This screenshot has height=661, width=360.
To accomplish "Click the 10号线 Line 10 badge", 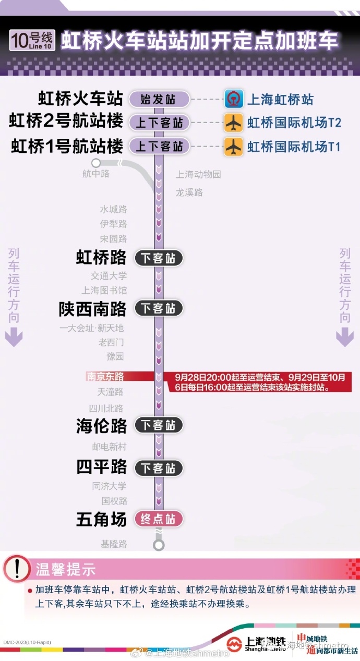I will point(32,40).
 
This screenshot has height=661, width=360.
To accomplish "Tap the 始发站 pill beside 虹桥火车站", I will point(159,99).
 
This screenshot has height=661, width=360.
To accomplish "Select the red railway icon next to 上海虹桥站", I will point(233,99).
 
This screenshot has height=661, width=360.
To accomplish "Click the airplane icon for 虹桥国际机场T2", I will point(233,123).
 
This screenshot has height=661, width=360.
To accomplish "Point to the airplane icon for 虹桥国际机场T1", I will point(233,147).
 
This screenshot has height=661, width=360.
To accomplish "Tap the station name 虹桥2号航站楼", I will point(66,122).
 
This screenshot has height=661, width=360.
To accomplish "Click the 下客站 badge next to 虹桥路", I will point(159,258).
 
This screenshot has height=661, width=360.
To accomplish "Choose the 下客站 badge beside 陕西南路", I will point(159,308).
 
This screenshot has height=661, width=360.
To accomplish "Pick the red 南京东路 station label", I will point(105,376).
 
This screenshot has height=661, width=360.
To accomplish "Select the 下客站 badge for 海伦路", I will point(159,425).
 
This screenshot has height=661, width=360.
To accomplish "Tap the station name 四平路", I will point(102,467).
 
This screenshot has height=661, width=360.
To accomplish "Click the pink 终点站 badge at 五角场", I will point(159,519).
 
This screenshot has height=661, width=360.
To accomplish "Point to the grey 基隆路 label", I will point(114,544).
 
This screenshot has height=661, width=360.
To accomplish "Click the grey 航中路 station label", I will point(96,174).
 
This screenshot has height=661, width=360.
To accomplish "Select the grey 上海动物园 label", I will point(198,174).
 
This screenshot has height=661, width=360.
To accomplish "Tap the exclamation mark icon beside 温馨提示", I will point(17,569).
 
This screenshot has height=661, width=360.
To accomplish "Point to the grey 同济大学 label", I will point(109,486).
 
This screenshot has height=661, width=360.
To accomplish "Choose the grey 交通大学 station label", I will point(109,275).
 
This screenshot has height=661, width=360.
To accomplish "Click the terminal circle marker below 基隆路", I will point(159,545).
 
